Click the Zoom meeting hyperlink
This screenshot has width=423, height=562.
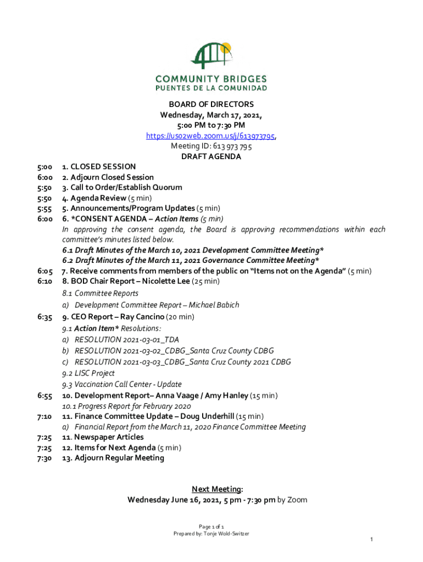211,136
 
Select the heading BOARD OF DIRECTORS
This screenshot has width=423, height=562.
211,104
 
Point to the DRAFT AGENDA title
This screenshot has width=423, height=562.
211,156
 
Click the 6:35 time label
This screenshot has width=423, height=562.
45,317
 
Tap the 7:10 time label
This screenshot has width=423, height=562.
45,417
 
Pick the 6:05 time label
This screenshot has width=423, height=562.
45,271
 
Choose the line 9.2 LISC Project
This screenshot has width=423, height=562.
88,373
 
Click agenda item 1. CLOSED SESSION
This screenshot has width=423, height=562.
99,166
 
